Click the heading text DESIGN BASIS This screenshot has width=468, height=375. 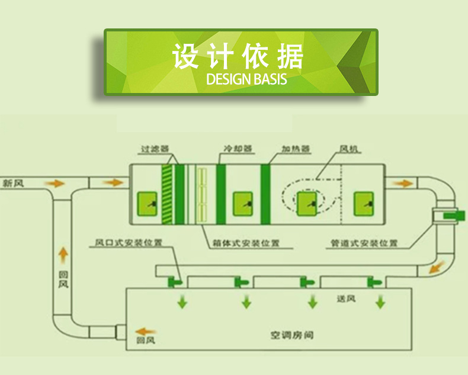click(246, 79)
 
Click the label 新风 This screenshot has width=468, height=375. click(15, 183)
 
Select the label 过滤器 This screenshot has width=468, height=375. click(155, 149)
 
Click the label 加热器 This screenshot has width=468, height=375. click(296, 149)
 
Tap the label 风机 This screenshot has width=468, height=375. click(350, 149)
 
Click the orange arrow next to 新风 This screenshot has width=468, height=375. click(56, 184)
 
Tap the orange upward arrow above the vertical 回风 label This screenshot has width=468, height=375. click(63, 255)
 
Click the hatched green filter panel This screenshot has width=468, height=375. click(166, 194)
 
